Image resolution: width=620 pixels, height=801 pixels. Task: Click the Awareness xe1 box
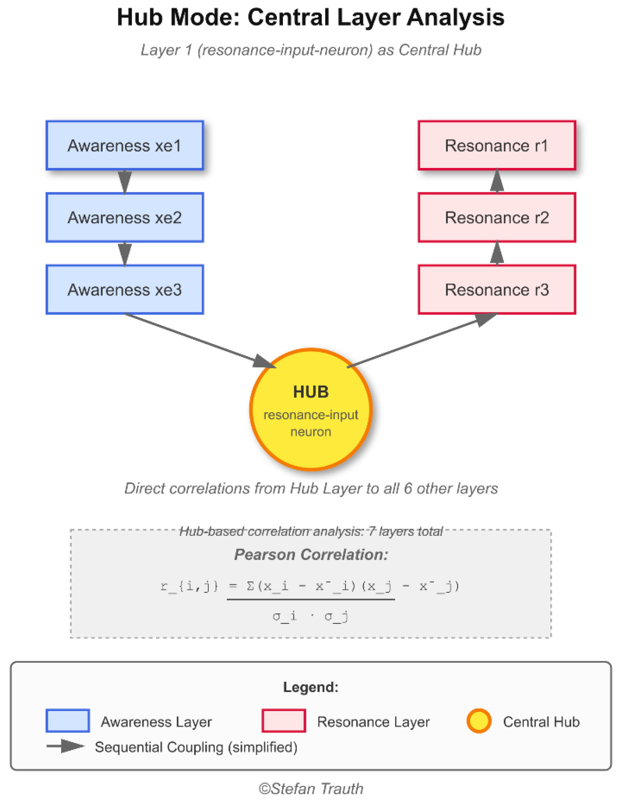click(125, 145)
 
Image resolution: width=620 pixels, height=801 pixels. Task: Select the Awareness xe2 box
click(125, 217)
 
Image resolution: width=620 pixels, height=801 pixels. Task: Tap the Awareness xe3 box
click(125, 289)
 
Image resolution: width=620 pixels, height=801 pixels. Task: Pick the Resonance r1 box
click(496, 145)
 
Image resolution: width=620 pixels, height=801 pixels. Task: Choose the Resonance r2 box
click(496, 217)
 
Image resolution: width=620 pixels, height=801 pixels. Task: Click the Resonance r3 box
click(496, 289)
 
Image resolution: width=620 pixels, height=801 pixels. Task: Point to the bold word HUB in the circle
click(310, 392)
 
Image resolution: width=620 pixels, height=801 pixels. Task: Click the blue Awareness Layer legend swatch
click(67, 721)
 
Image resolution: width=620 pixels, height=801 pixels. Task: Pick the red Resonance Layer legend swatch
click(284, 721)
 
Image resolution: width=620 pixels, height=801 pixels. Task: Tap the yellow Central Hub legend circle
click(478, 721)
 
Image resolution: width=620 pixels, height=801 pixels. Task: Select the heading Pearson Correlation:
click(310, 554)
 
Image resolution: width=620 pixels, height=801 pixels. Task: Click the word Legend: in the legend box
click(310, 687)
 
